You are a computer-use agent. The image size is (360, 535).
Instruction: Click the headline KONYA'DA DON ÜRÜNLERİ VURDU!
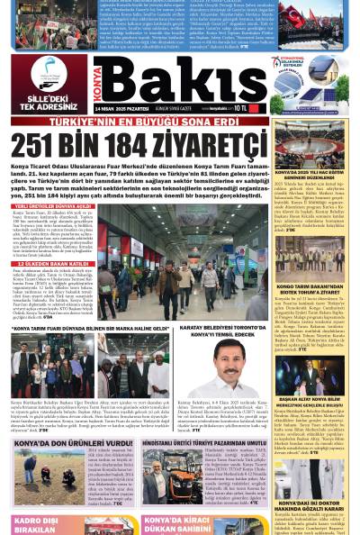pos(70,444)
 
